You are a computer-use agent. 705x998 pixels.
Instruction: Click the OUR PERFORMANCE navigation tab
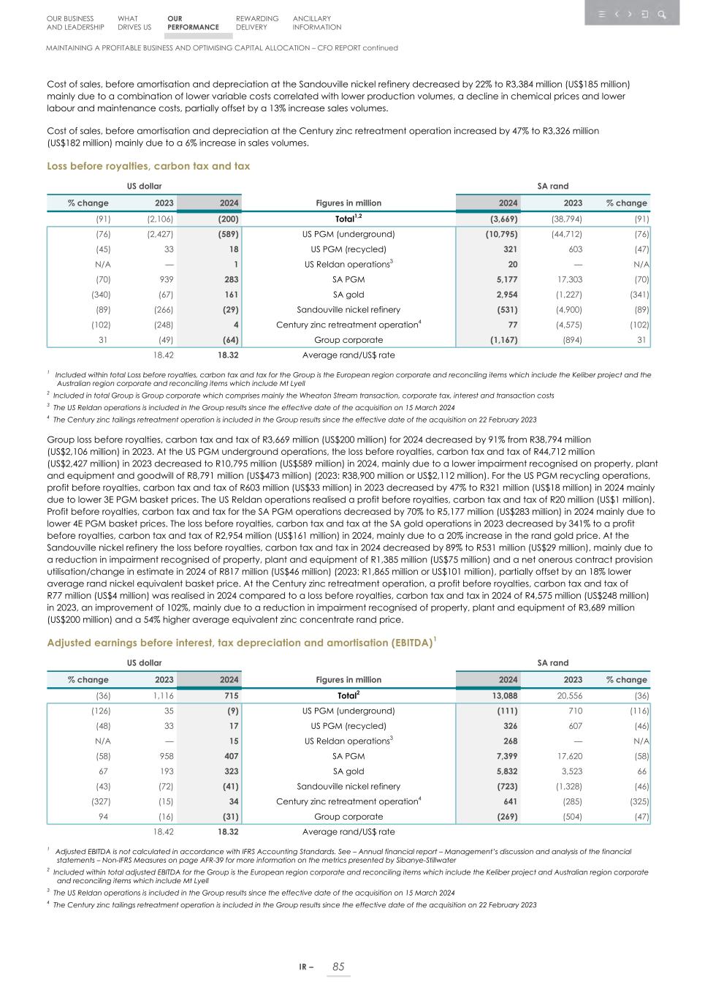tap(192, 23)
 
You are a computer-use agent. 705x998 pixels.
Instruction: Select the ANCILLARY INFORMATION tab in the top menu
tap(316, 23)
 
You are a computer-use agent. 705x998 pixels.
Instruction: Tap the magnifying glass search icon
tap(661, 15)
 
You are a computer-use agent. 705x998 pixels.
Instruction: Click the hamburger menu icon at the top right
tap(602, 15)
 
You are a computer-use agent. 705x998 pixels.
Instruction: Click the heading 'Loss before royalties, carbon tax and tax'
tap(148, 166)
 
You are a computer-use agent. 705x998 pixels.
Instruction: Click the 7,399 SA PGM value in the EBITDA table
tap(506, 756)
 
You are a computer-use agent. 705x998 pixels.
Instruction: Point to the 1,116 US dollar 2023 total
tap(163, 696)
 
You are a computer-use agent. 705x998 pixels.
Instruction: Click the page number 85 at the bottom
tap(338, 967)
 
